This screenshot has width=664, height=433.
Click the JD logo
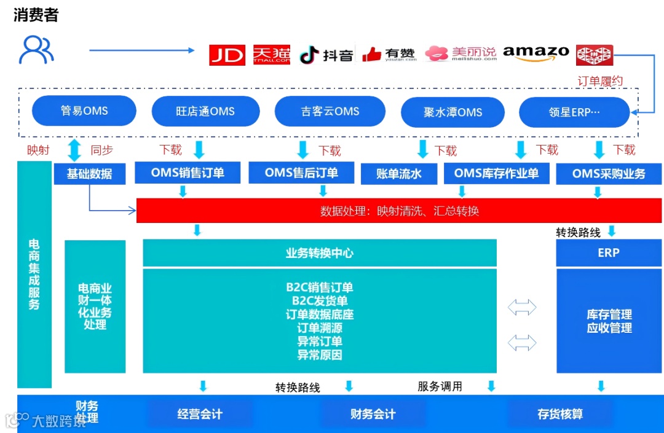click(227, 55)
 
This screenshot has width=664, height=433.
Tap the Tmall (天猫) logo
click(271, 55)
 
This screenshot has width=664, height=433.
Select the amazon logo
click(536, 53)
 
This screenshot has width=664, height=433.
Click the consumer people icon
click(36, 50)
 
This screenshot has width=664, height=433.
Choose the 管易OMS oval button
click(84, 111)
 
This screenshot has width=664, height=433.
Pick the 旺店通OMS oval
click(205, 112)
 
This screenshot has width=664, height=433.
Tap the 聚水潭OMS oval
click(453, 112)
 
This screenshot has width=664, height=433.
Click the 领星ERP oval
click(574, 112)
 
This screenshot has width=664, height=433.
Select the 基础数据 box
click(89, 174)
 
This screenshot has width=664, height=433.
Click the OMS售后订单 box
click(301, 173)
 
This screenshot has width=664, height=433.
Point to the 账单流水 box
click(399, 174)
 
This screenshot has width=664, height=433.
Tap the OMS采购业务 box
click(609, 174)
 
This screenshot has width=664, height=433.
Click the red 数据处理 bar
click(399, 211)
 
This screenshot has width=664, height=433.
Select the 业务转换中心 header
click(319, 253)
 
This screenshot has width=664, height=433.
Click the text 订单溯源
click(320, 328)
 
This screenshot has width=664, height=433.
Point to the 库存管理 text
click(609, 314)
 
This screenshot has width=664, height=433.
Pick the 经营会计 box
click(200, 414)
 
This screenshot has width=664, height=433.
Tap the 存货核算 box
click(559, 414)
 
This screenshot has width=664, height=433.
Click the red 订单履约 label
click(600, 81)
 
